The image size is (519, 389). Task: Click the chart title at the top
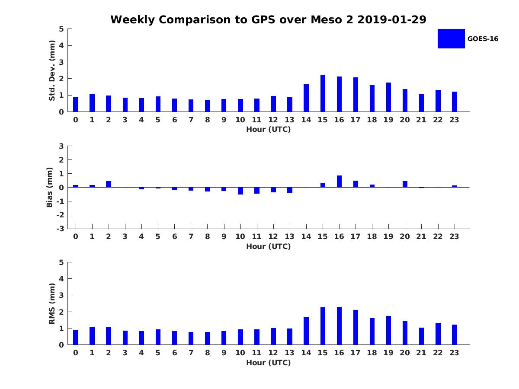coord(268,19)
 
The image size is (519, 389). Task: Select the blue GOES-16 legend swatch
coord(451,39)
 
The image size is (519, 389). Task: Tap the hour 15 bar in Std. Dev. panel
coord(323,93)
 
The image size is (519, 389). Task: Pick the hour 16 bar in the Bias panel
coord(339,182)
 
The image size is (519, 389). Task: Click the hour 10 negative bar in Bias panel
coord(240,191)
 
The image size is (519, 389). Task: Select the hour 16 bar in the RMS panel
coord(339,326)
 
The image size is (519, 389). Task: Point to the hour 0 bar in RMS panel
coord(76,338)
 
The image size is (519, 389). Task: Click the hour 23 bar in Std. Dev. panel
coord(455,102)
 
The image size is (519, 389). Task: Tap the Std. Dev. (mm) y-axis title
coord(52,70)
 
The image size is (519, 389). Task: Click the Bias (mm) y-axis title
coord(49,187)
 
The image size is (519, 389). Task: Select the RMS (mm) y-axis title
coord(52,303)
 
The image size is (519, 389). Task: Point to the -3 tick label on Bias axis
coord(60,229)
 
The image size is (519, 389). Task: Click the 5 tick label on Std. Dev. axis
coord(61,29)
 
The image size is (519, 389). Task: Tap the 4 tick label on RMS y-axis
coord(61,279)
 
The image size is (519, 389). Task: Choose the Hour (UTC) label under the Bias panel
coord(269,246)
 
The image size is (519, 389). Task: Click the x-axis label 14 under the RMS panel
coord(306,353)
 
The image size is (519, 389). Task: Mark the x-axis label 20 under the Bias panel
coord(405,236)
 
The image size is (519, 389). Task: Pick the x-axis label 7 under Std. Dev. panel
coord(191,120)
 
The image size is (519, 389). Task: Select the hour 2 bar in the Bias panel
coord(109,184)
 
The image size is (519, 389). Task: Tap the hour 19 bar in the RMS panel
coord(388,330)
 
